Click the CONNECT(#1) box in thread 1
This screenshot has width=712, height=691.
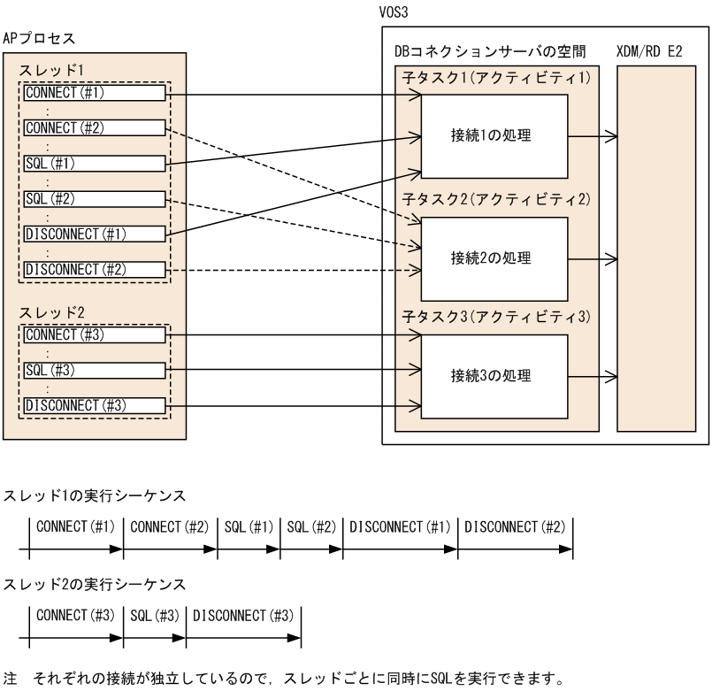click(95, 92)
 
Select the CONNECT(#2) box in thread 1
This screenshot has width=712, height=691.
click(95, 128)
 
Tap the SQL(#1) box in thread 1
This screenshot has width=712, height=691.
click(95, 164)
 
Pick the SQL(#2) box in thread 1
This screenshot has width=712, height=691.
click(95, 199)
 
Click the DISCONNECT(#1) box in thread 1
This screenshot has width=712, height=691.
click(95, 234)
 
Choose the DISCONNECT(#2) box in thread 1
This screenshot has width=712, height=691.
click(95, 268)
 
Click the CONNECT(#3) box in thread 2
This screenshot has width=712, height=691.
click(95, 335)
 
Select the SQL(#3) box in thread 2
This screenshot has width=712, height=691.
click(95, 371)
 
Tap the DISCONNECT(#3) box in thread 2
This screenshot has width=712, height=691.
click(95, 406)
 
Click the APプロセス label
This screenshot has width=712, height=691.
click(40, 39)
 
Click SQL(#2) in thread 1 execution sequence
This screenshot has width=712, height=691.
click(310, 527)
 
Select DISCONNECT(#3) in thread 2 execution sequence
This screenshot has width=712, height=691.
click(242, 616)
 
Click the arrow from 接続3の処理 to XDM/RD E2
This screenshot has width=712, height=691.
click(593, 377)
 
